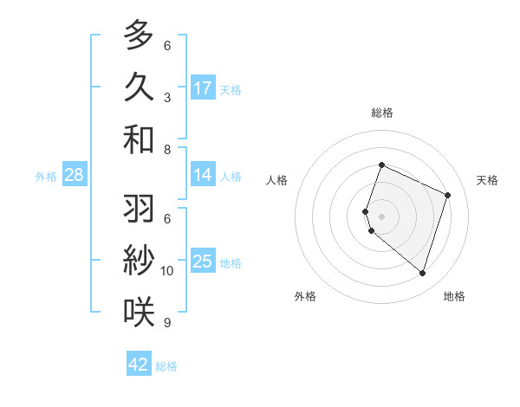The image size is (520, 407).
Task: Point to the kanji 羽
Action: pos(139,209)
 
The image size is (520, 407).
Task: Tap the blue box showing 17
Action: pos(203,87)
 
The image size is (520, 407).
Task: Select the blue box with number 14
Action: pos(203,175)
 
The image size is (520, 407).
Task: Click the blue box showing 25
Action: pos(203,262)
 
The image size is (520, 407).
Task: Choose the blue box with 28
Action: pos(75,176)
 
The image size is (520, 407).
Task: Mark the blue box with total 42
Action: pos(139,365)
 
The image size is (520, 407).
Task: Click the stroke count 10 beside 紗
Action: pos(167,271)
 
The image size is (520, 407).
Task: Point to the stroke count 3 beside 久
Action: pos(167,97)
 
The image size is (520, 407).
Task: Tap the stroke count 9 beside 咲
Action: pos(167,323)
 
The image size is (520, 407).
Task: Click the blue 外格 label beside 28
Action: pos(46,177)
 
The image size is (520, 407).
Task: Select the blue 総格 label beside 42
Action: pos(166,366)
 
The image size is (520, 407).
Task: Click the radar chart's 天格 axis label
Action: pos(487,180)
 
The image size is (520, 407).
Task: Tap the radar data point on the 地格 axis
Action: pos(422,274)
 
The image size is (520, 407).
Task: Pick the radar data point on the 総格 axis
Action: pos(381,165)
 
